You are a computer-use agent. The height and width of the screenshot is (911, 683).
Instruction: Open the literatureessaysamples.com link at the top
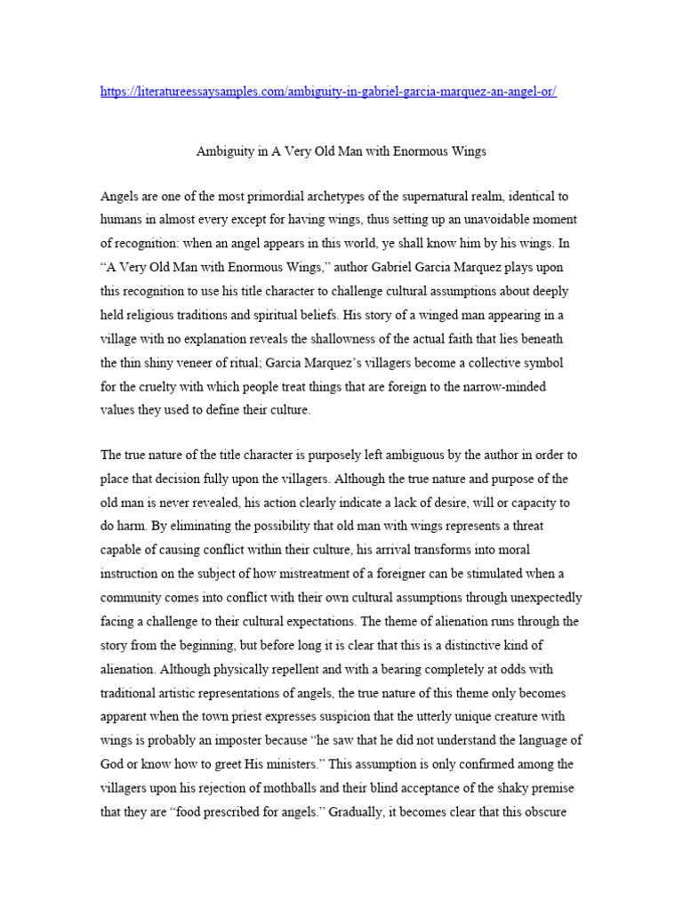point(328,93)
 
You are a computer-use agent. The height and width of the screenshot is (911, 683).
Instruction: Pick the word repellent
point(277,668)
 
